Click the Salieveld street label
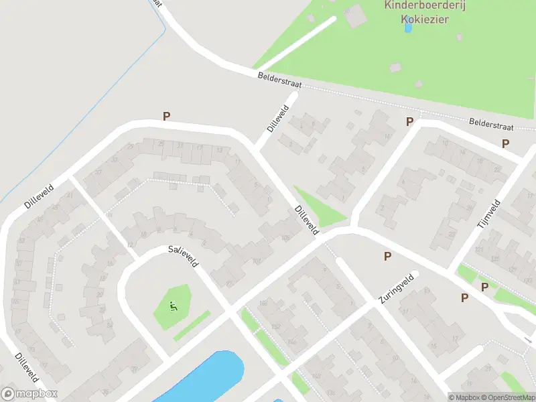coord(184,257)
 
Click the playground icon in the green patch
coord(174,308)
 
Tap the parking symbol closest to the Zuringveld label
coord(387,256)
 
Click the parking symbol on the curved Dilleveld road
coord(167,117)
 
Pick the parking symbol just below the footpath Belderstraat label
coord(505,143)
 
